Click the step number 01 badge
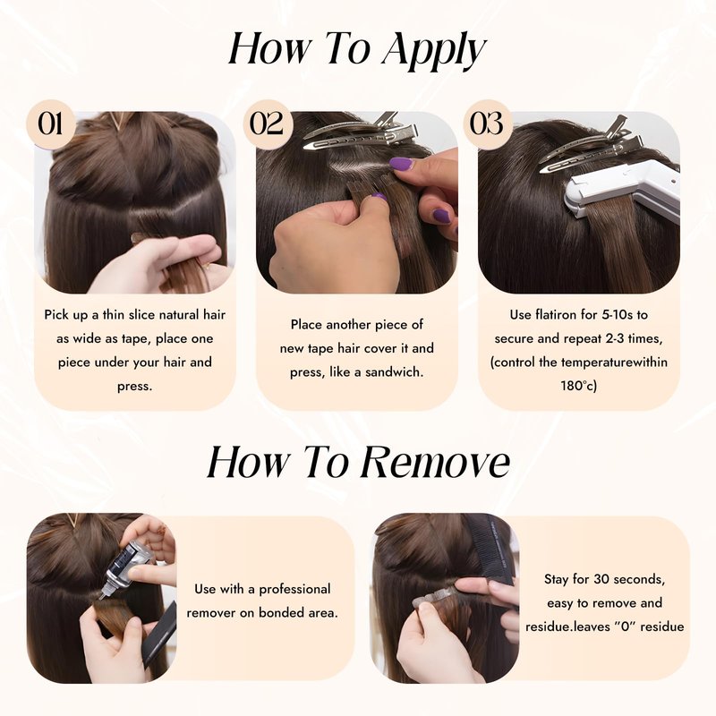click(50, 124)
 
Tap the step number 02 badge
click(267, 124)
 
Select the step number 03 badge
click(487, 124)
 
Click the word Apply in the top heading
click(434, 49)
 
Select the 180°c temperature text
click(578, 387)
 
